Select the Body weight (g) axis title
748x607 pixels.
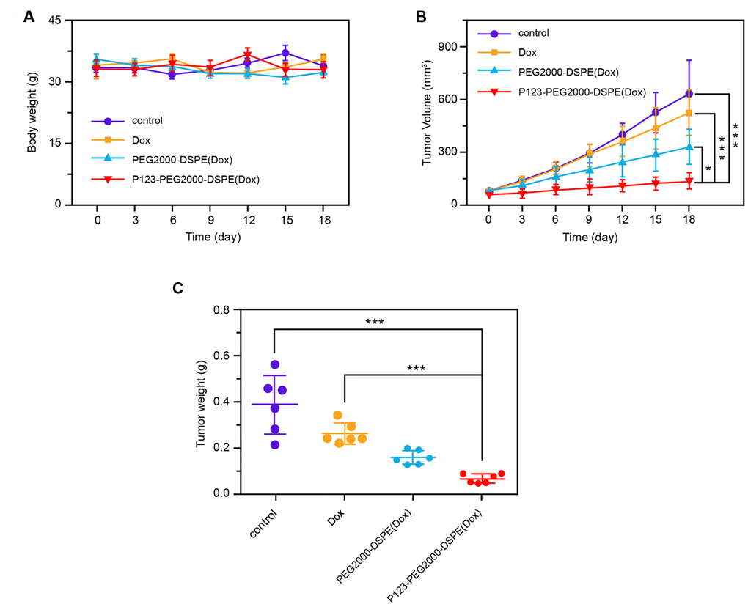coord(32,112)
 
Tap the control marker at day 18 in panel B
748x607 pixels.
coord(689,94)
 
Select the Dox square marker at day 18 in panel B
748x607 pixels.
coord(689,113)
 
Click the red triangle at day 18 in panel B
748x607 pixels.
coord(689,181)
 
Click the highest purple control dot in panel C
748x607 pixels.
coord(275,364)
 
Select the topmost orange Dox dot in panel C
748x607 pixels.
coord(337,415)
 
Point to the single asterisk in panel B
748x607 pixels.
coord(707,169)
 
